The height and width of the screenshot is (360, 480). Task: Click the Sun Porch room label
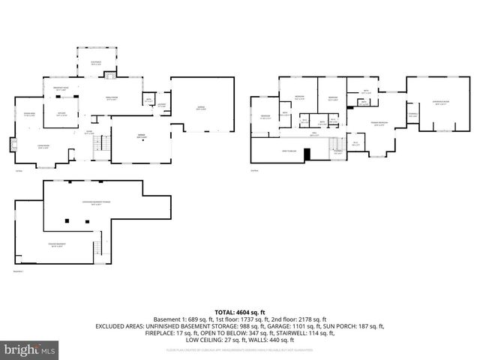[x=95, y=64]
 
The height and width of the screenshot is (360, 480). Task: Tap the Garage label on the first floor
[x=201, y=108]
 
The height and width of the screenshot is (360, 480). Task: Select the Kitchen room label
[x=64, y=115]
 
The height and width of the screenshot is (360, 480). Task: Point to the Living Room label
[x=43, y=146]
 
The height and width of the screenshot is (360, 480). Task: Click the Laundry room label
[x=161, y=106]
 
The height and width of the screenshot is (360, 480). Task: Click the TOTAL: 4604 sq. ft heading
[x=239, y=311]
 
